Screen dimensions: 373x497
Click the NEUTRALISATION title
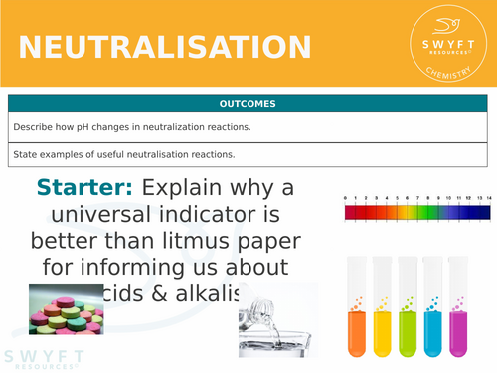pos(164,47)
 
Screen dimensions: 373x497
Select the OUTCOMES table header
pos(248,104)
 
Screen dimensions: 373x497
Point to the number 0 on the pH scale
pos(345,200)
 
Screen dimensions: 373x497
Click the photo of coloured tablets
pos(66,309)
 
